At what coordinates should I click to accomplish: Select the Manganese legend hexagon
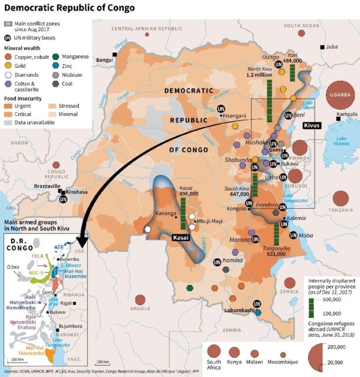pyautogui.click(x=55, y=57)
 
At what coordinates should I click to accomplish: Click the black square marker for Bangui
pyautogui.click(x=116, y=54)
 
